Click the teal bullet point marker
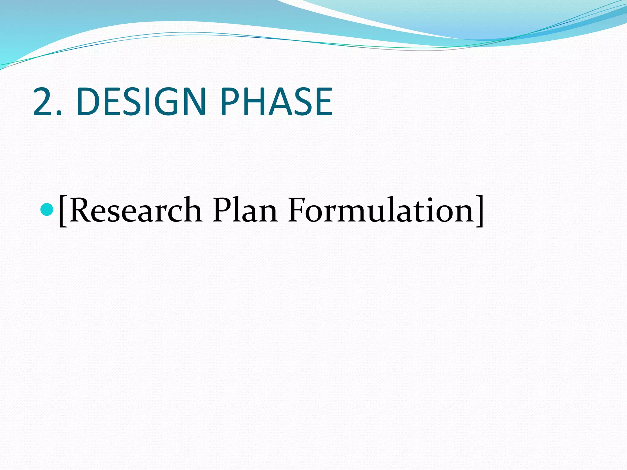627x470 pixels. click(x=47, y=209)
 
